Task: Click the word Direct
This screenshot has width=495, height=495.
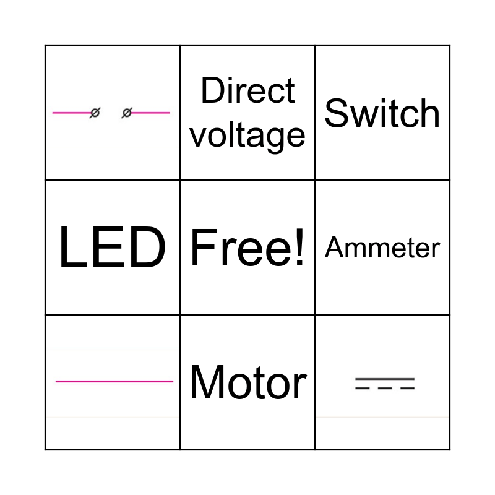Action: pos(247,91)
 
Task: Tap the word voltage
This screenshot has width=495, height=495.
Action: pos(247,134)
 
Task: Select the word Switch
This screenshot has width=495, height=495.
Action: pos(382,113)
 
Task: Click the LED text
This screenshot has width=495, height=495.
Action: pos(112,248)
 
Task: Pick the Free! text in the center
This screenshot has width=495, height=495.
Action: pos(247,248)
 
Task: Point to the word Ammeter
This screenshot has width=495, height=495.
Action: pos(382,248)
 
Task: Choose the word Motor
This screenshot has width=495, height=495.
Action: pos(247,382)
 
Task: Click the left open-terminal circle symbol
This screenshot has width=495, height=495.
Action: pos(95,113)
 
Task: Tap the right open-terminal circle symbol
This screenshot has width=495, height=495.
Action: pos(127,113)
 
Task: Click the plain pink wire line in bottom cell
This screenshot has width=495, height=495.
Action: pos(114,381)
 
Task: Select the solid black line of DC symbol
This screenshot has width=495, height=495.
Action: pos(384,378)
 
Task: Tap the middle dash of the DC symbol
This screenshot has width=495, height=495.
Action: pos(385,388)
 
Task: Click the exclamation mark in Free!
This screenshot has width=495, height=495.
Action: pos(299,248)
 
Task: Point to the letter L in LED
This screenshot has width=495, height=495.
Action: pos(71,248)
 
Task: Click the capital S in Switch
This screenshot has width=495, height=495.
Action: pos(337,113)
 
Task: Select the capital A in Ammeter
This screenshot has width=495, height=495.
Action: pos(334,248)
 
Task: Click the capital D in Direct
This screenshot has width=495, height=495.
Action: pos(212,91)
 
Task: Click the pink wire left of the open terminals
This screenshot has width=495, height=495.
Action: pos(71,113)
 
